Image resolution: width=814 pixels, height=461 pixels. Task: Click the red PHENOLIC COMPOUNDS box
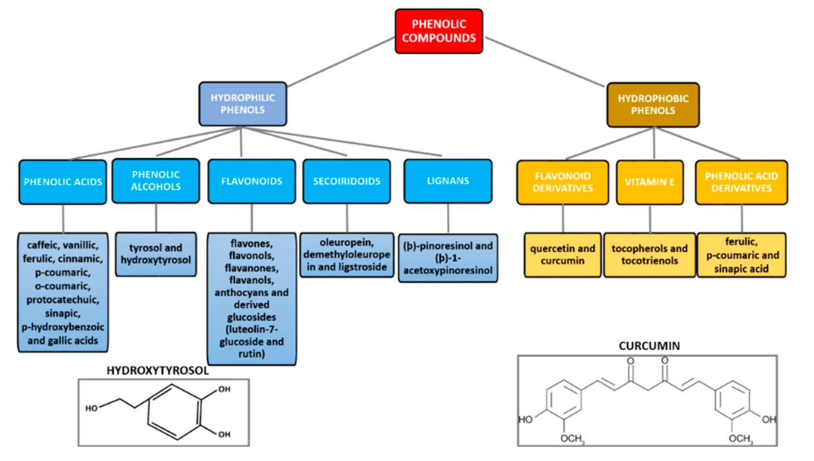pyautogui.click(x=438, y=31)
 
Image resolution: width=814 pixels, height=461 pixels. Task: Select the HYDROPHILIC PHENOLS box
pyautogui.click(x=243, y=104)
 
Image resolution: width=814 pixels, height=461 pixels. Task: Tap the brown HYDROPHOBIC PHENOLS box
pyautogui.click(x=653, y=104)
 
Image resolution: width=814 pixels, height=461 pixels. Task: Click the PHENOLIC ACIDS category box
pyautogui.click(x=63, y=182)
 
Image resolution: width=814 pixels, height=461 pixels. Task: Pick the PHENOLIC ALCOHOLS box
pyautogui.click(x=155, y=181)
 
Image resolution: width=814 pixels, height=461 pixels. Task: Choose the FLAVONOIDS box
pyautogui.click(x=251, y=181)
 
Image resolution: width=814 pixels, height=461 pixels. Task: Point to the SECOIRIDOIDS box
pyautogui.click(x=346, y=181)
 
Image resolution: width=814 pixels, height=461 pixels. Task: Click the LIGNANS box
pyautogui.click(x=447, y=181)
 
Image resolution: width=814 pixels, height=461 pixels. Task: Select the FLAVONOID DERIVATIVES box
pyautogui.click(x=562, y=182)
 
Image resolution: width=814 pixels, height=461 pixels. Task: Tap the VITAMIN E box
pyautogui.click(x=649, y=182)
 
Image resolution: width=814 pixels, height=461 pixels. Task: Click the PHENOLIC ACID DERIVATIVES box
pyautogui.click(x=741, y=182)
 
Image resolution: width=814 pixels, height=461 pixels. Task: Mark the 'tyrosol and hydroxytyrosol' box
pyautogui.click(x=155, y=254)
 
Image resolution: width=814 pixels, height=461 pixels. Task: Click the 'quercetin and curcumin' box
pyautogui.click(x=562, y=255)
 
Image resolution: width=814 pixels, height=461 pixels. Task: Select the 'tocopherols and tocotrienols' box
pyautogui.click(x=649, y=255)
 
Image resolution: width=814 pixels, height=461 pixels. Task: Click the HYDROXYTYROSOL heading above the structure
pyautogui.click(x=157, y=371)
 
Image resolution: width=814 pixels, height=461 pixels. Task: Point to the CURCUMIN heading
pyautogui.click(x=649, y=346)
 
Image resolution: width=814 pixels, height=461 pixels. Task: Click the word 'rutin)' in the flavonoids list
pyautogui.click(x=251, y=354)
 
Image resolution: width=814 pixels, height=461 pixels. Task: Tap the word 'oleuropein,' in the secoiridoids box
pyautogui.click(x=346, y=243)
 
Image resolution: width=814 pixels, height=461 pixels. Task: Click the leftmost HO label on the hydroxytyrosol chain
pyautogui.click(x=91, y=408)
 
